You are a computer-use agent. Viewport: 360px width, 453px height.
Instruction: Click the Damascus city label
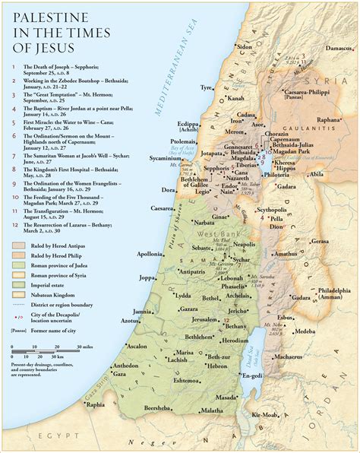pos(339,47)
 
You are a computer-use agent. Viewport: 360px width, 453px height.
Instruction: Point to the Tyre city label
pos(206,87)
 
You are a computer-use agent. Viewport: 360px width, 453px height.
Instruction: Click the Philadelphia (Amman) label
pos(334,293)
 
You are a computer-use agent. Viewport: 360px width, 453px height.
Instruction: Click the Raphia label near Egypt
pos(95,405)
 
